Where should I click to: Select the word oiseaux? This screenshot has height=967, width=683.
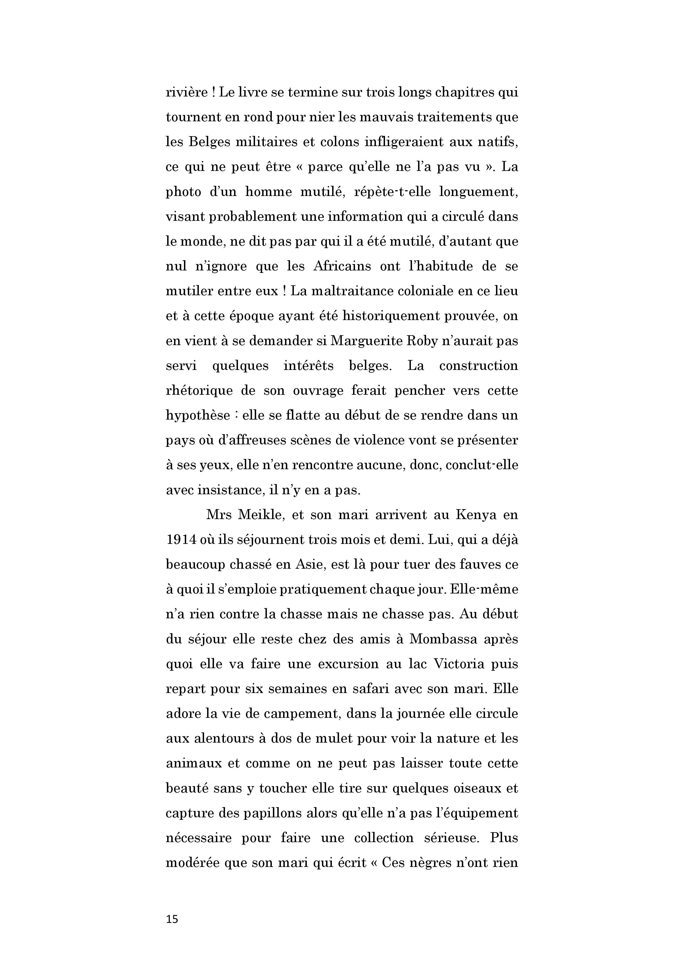pos(473,788)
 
